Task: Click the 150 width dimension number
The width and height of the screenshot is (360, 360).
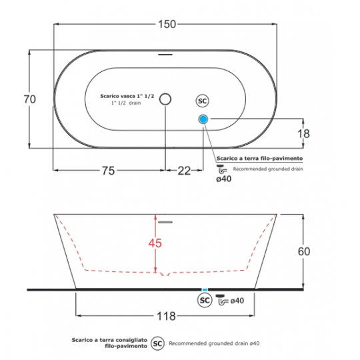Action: tap(167, 24)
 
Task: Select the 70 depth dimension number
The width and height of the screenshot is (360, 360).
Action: tap(30, 99)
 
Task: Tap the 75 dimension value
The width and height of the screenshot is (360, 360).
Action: tap(108, 171)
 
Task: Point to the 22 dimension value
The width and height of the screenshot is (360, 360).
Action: tap(184, 171)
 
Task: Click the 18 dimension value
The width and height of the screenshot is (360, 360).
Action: tap(303, 133)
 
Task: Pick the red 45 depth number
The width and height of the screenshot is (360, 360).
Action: tap(155, 243)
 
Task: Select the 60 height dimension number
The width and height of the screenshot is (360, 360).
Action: tap(304, 251)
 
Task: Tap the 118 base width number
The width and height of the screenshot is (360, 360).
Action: tap(166, 316)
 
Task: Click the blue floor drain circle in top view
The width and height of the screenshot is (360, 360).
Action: tap(203, 119)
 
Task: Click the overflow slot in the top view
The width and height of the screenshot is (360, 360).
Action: tap(165, 55)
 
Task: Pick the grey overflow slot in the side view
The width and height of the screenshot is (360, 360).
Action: tap(165, 222)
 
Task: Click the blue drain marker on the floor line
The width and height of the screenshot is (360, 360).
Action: tap(205, 290)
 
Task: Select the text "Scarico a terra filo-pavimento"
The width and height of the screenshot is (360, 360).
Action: tap(260, 158)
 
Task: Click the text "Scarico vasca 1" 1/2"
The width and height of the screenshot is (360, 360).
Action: tap(127, 96)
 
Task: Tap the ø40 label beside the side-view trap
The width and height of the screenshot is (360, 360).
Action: tap(237, 301)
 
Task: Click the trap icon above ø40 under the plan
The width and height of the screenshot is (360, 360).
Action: tap(222, 169)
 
